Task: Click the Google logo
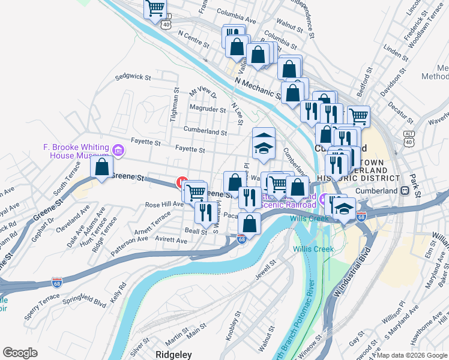[20, 353]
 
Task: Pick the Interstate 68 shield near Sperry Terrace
[57, 281]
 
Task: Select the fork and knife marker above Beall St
[206, 211]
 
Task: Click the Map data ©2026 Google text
[411, 355]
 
